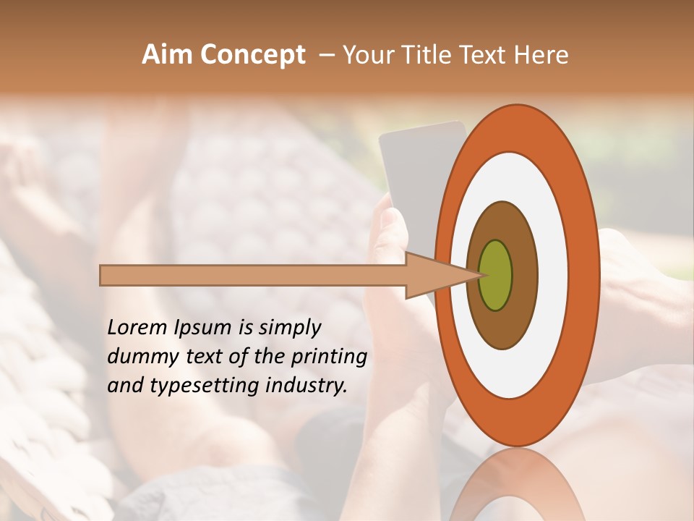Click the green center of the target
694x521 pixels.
[495, 275]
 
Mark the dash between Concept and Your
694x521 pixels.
[326, 55]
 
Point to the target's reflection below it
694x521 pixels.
[517, 485]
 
